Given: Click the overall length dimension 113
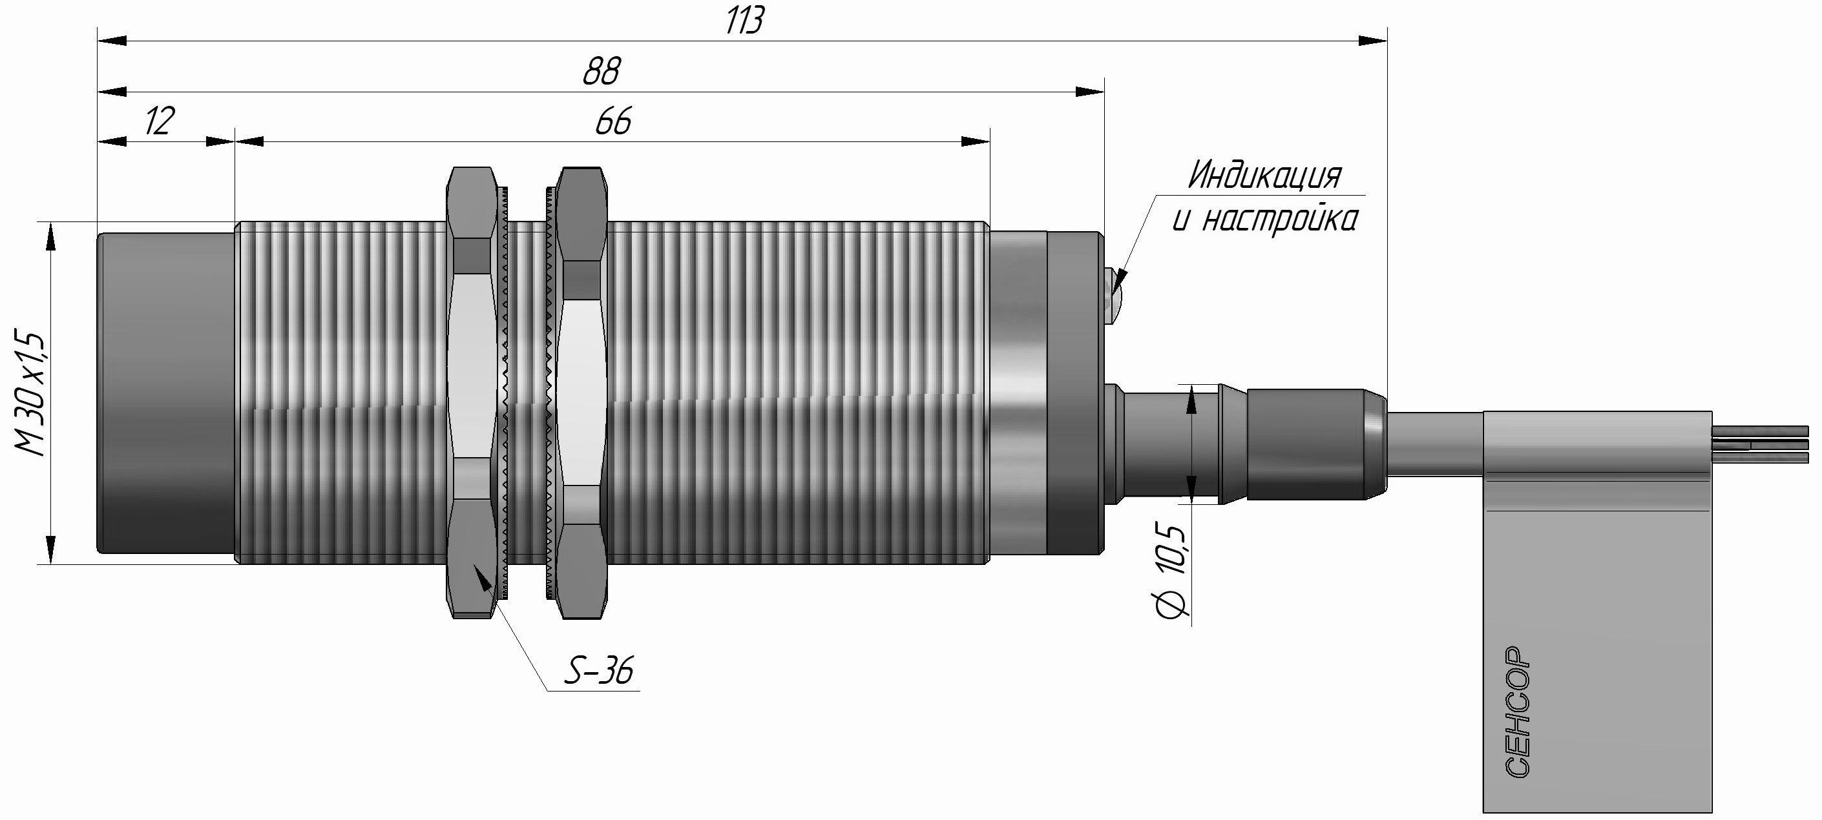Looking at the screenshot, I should click(x=745, y=21).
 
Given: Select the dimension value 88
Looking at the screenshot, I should click(x=602, y=72).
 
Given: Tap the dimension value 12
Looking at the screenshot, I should click(x=159, y=121).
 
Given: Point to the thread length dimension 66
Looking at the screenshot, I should click(x=613, y=122).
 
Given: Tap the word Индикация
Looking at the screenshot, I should click(x=1264, y=176).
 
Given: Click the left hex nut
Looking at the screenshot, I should click(x=472, y=393).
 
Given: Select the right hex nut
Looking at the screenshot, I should click(x=582, y=393).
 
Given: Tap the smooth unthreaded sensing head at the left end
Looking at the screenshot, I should click(x=166, y=393).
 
